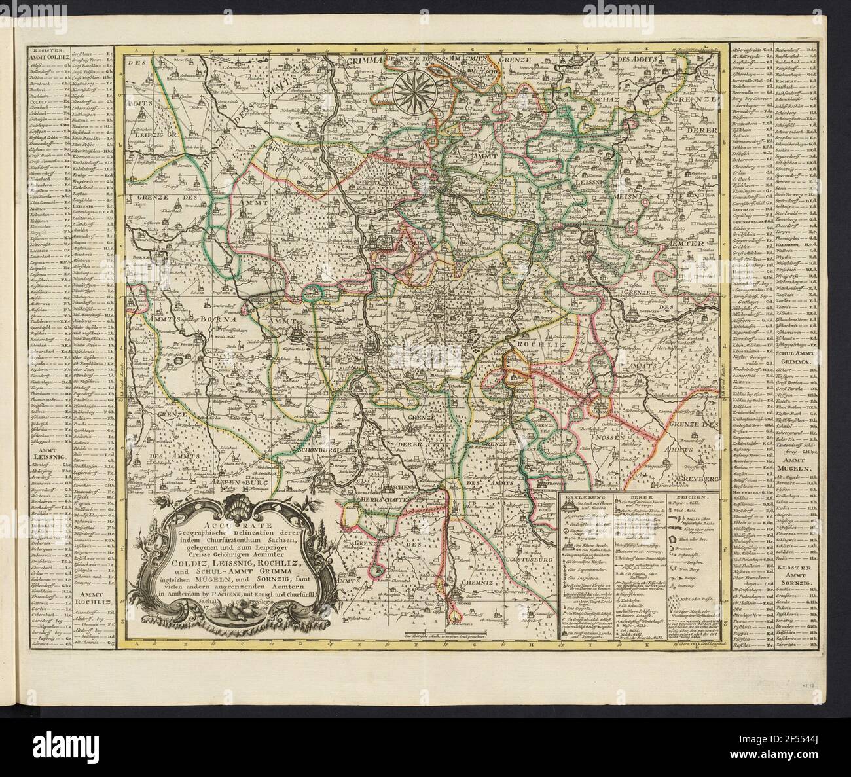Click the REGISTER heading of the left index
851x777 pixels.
click(43, 49)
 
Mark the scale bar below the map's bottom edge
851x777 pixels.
click(444, 634)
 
